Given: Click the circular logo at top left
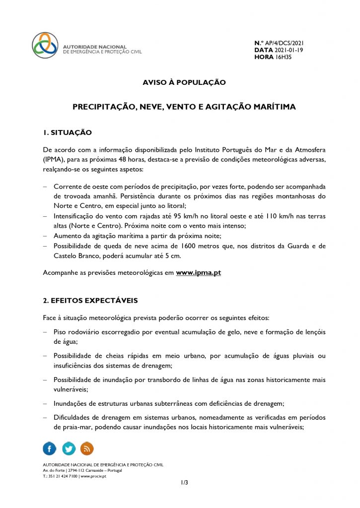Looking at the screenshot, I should click(x=45, y=45).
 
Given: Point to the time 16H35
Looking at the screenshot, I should click(x=284, y=58).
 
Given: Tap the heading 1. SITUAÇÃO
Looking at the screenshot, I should click(x=68, y=132).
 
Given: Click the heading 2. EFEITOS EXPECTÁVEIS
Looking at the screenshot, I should click(x=90, y=300).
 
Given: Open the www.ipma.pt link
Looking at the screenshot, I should click(x=198, y=273).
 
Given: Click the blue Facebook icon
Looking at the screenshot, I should click(x=50, y=448).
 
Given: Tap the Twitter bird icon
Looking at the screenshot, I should click(x=68, y=448).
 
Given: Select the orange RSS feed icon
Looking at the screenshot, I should click(x=86, y=448).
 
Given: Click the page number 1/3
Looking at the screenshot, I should click(x=184, y=482).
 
